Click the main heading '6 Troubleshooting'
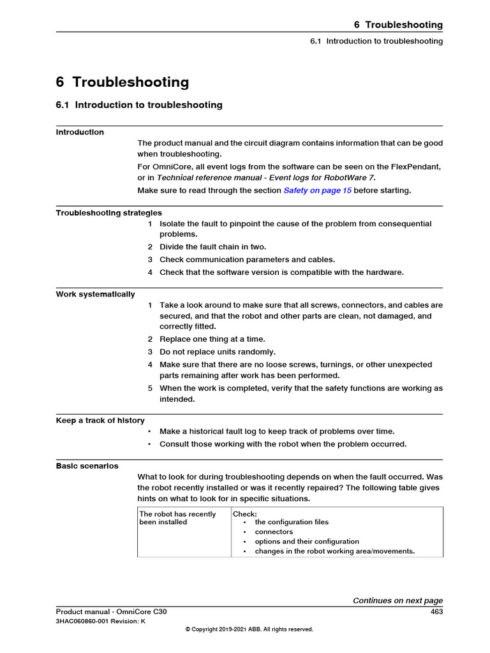click(x=122, y=82)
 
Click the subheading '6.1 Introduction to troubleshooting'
click(x=139, y=105)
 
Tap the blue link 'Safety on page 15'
click(x=317, y=191)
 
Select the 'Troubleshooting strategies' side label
click(x=109, y=213)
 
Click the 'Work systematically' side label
click(x=96, y=295)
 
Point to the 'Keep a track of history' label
click(x=100, y=421)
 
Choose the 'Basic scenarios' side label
click(x=87, y=466)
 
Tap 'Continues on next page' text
click(x=397, y=601)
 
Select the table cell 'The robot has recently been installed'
click(x=178, y=518)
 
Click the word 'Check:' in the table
click(x=245, y=514)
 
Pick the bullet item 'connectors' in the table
click(x=274, y=532)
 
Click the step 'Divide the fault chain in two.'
click(x=212, y=247)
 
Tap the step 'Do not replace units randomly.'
click(x=218, y=352)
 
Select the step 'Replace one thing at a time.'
click(x=212, y=339)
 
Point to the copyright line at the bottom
click(x=249, y=629)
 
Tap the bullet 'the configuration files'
click(x=292, y=522)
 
